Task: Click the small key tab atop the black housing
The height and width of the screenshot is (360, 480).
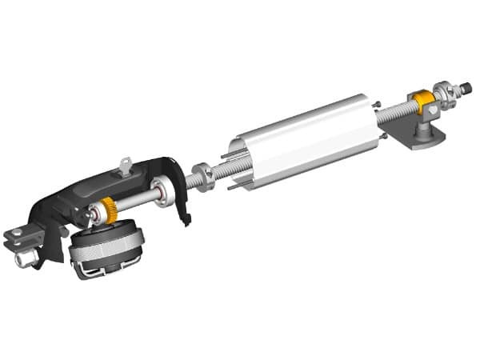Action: [124, 166]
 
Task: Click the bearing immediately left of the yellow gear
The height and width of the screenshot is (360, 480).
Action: [97, 214]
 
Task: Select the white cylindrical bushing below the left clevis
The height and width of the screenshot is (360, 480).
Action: [26, 260]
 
